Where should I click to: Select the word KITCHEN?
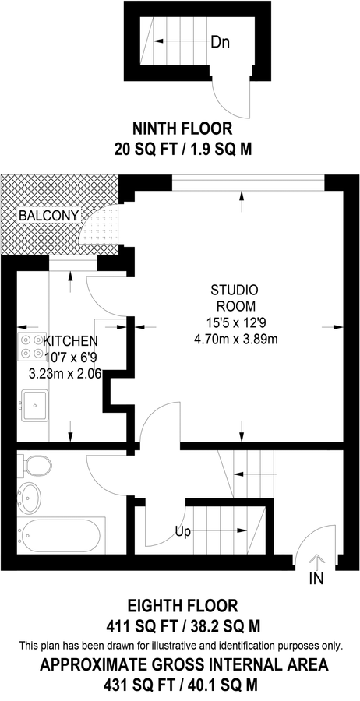click(x=71, y=341)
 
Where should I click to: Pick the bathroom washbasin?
click(x=32, y=496)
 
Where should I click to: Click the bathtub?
click(x=59, y=536)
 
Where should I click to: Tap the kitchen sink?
click(x=35, y=404)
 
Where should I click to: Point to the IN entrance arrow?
click(x=317, y=563)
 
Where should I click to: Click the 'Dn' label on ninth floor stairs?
click(x=221, y=41)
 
